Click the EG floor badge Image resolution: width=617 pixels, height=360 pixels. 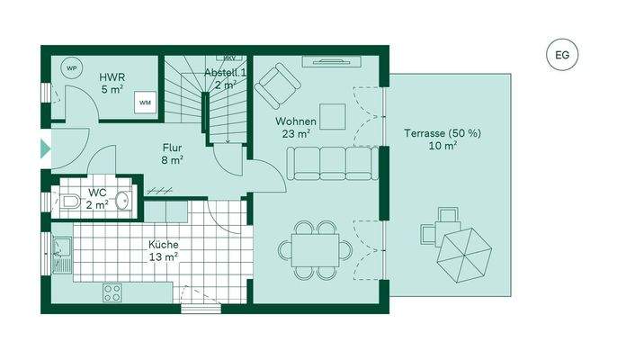click(563, 55)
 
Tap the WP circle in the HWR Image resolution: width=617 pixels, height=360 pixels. click(70, 67)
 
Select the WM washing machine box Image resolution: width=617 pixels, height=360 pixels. click(144, 103)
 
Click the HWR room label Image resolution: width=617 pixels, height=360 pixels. click(112, 83)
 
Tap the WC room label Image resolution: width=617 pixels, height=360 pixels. click(98, 199)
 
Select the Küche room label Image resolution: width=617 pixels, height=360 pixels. click(164, 249)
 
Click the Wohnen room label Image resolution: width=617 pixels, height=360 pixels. click(296, 127)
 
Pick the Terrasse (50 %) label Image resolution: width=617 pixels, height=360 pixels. click(442, 139)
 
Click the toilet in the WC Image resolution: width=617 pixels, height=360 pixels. click(71, 203)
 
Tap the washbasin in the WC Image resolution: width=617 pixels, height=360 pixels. click(122, 203)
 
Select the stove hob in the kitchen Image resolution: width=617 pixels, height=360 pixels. click(113, 292)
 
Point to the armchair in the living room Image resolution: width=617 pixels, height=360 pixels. click(277, 85)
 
